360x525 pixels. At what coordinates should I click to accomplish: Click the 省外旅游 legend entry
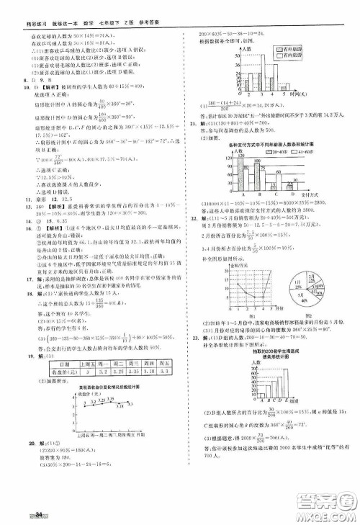tap(292, 46)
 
